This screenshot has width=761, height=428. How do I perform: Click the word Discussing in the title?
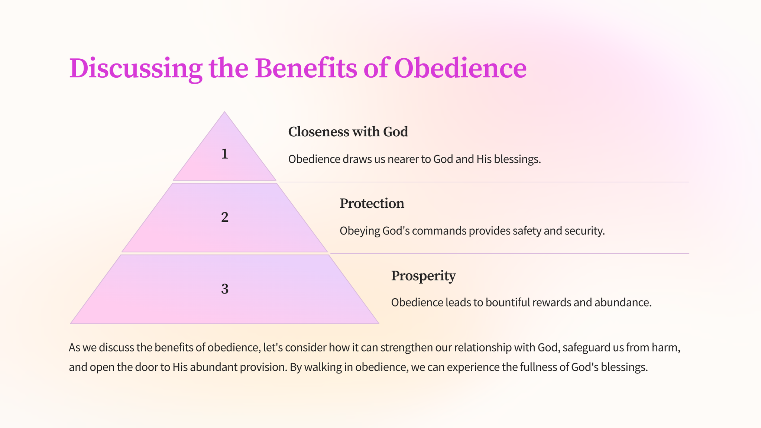point(136,69)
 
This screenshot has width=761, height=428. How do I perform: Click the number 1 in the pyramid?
point(224,154)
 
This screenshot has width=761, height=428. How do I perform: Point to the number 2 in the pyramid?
point(224,217)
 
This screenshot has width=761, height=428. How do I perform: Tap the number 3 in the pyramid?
point(224,289)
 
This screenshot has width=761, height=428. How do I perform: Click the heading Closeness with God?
point(348,132)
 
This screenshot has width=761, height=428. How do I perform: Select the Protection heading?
point(372,204)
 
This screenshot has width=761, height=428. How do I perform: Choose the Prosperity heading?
point(423,276)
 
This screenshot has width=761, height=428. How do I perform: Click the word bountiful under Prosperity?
point(508,302)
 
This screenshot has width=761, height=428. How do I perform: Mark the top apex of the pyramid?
point(224,111)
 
